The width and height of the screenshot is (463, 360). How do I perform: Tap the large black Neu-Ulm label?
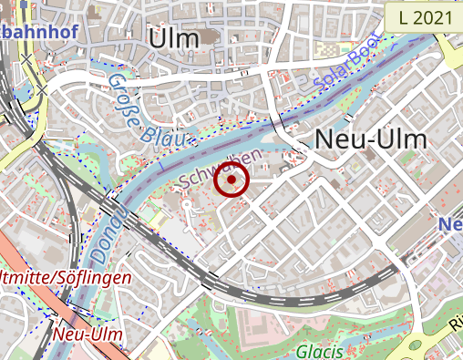pos(370,139)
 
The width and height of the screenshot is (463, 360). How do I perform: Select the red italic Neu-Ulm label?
pos(87,334)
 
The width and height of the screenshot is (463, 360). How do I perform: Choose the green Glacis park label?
pos(319,351)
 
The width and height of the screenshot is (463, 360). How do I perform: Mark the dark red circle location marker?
pos(231,180)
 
